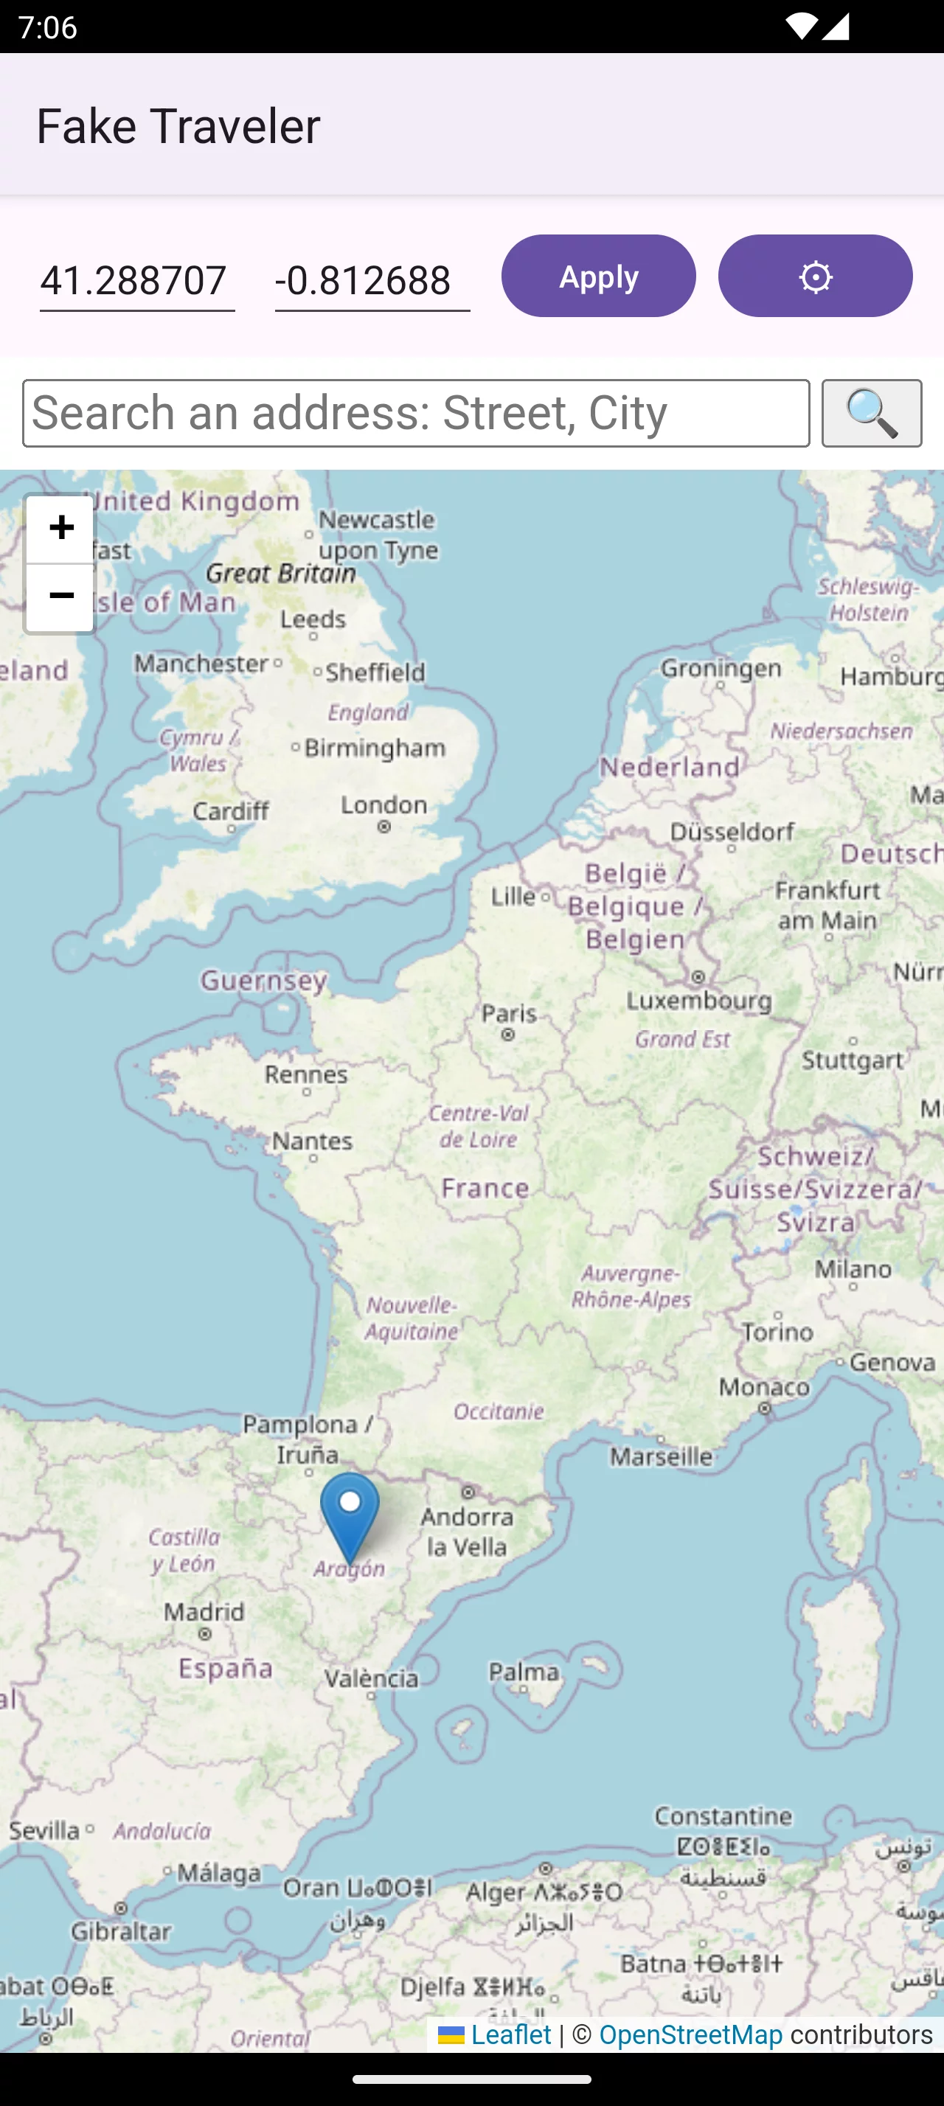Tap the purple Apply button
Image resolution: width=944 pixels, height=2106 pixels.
pos(598,277)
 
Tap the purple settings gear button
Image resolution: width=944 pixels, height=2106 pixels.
pos(815,277)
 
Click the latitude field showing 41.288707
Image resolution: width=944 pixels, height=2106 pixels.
pos(136,280)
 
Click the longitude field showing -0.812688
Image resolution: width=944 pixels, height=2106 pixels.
pos(372,280)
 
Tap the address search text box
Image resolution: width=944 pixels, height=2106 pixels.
pos(416,413)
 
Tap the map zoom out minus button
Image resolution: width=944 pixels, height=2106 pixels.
pos(60,597)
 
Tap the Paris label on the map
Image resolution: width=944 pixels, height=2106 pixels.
pos(508,1014)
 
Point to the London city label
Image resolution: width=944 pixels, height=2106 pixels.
pos(384,805)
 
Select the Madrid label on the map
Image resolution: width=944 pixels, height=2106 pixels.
pos(204,1611)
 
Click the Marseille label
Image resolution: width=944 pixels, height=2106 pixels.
pos(662,1456)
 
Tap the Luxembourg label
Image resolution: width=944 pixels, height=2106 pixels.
pos(699,1000)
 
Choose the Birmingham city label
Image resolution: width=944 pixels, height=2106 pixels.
pos(375,747)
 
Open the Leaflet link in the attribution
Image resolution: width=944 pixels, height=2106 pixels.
pos(511,2035)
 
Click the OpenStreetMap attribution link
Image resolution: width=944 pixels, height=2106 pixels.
pos(690,2035)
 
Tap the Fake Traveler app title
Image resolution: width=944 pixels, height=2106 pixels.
pos(178,126)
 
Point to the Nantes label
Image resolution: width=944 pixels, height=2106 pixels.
pos(312,1141)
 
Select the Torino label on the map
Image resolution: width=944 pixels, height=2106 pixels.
pos(777,1332)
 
